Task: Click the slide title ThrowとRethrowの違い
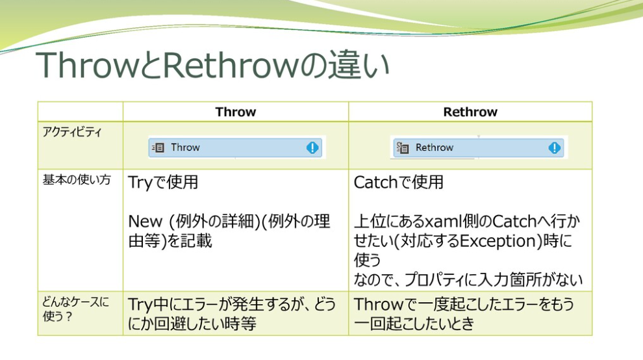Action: click(x=212, y=65)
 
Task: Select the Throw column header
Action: click(x=236, y=112)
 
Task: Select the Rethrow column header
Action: click(x=470, y=112)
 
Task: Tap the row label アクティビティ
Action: click(x=72, y=132)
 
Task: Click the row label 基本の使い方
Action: click(x=77, y=180)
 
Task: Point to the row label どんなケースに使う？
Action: click(x=75, y=309)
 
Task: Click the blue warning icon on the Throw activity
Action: click(x=312, y=148)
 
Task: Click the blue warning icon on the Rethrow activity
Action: click(x=555, y=148)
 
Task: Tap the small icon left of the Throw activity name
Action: click(x=158, y=148)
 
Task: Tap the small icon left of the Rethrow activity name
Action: click(x=403, y=148)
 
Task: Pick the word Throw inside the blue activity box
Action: click(x=185, y=148)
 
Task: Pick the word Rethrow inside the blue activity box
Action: click(x=435, y=148)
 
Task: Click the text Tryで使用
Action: click(x=163, y=182)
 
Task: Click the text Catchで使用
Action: click(x=399, y=182)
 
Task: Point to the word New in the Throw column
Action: click(x=145, y=222)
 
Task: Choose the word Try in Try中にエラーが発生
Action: click(x=141, y=305)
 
